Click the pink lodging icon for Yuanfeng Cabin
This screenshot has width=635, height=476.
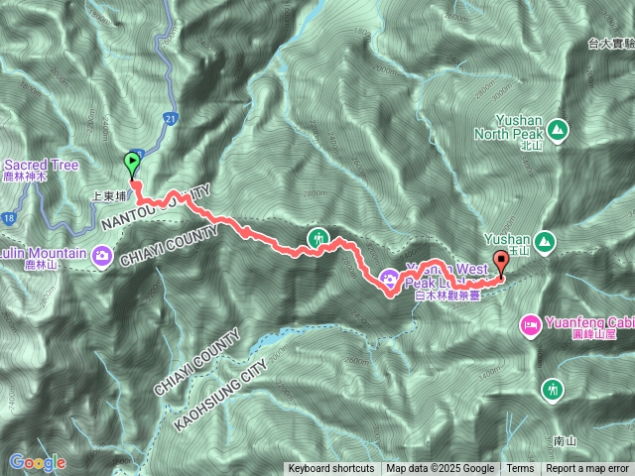click(531, 324)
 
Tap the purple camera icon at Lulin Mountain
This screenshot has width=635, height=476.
click(102, 257)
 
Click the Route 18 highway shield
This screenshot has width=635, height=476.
click(9, 215)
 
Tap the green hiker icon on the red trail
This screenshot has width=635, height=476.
click(317, 238)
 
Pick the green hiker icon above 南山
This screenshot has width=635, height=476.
click(552, 390)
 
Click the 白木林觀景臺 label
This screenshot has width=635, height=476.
click(448, 295)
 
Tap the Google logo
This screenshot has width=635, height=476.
click(37, 462)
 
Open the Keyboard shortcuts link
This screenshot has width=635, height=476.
click(331, 469)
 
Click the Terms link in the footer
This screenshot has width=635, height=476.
click(520, 469)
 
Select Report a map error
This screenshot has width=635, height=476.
click(587, 469)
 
